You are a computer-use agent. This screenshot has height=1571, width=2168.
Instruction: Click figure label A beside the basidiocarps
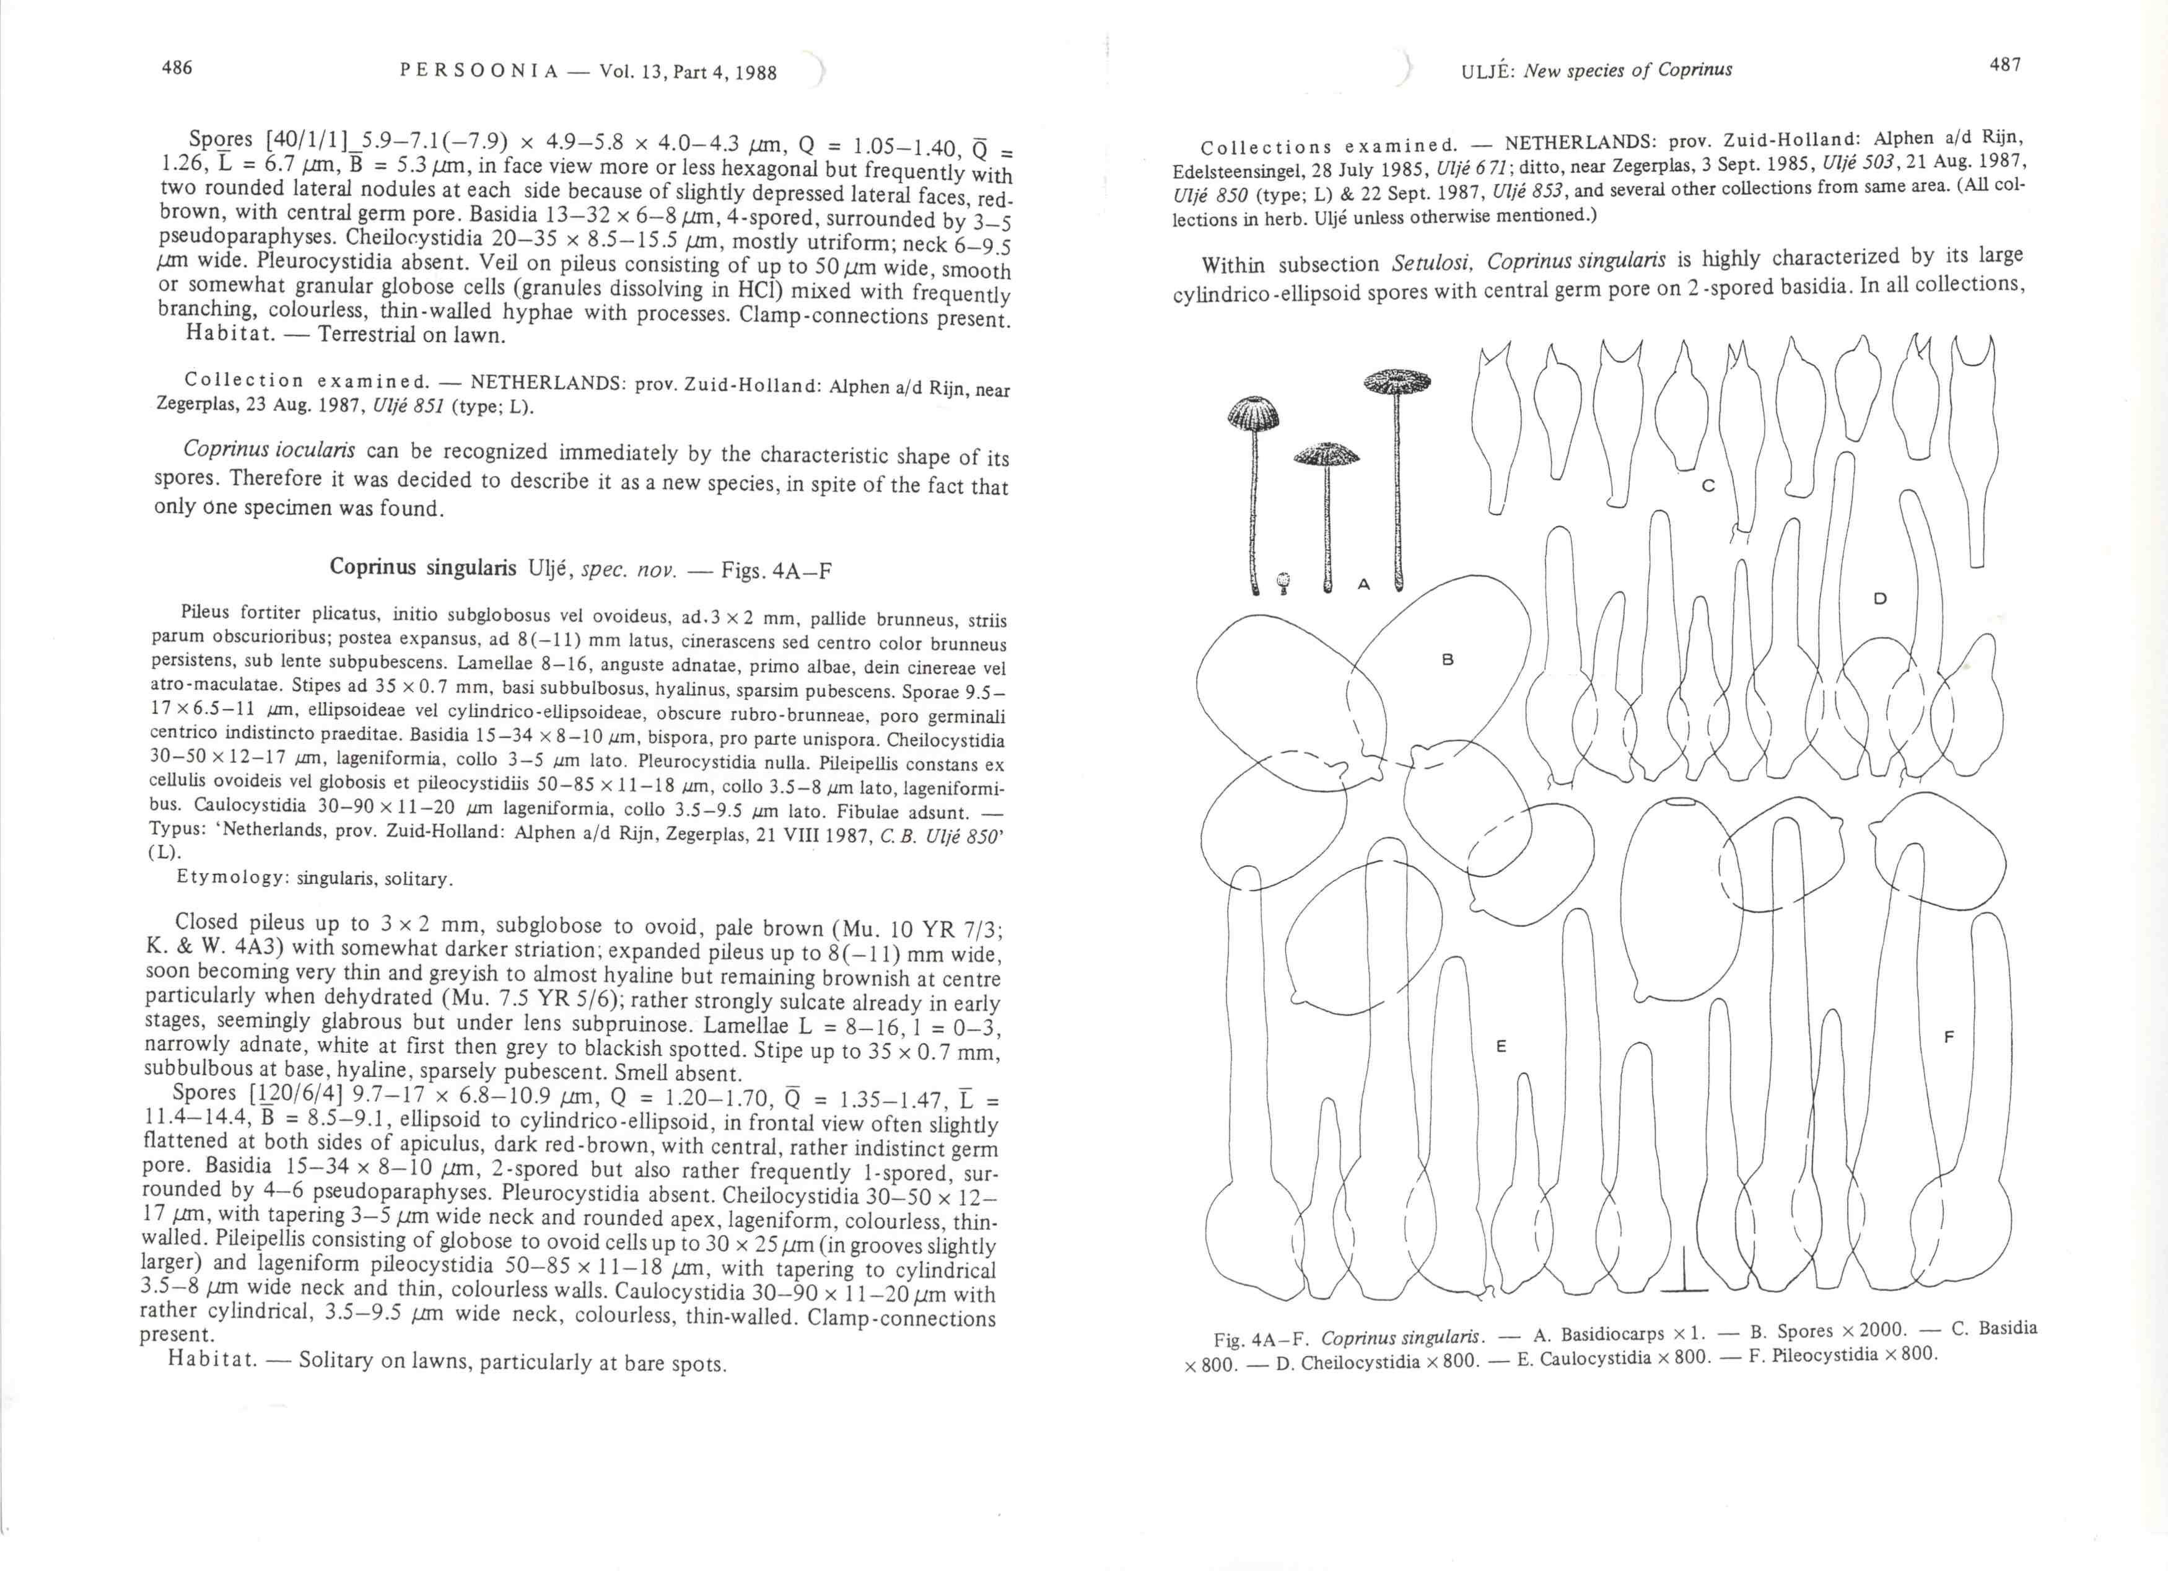[1364, 584]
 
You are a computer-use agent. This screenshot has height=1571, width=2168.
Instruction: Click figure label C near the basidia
[1708, 486]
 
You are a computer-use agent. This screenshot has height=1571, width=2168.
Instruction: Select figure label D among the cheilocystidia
[1879, 599]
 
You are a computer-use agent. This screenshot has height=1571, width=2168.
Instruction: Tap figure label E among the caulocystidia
[1501, 1047]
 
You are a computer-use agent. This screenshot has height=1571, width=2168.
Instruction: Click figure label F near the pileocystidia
[1949, 1037]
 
